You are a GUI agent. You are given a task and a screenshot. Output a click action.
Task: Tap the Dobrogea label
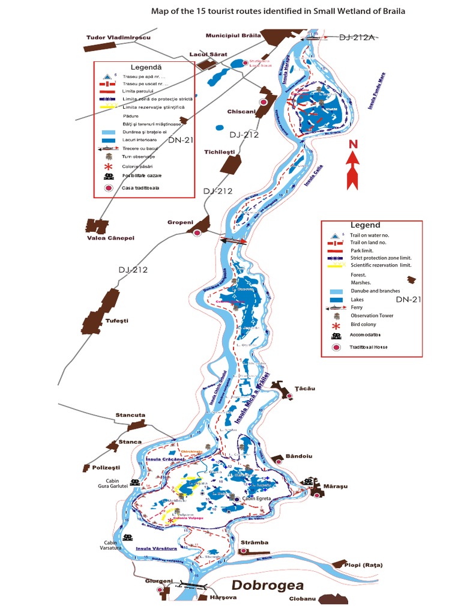coord(268,585)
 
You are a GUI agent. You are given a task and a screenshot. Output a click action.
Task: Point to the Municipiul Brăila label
coord(233,35)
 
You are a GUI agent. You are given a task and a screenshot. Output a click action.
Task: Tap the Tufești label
coord(117,321)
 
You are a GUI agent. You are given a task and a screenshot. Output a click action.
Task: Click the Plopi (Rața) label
coord(363,565)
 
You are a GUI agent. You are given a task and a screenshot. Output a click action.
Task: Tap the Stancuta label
coord(130,415)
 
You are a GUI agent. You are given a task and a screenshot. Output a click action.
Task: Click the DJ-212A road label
coord(357,37)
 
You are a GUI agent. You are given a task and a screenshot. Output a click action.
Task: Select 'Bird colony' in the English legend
coord(364,324)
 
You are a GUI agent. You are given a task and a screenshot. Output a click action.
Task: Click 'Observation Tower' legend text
coord(372,315)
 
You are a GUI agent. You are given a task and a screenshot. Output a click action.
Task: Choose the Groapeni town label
coord(179,222)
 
